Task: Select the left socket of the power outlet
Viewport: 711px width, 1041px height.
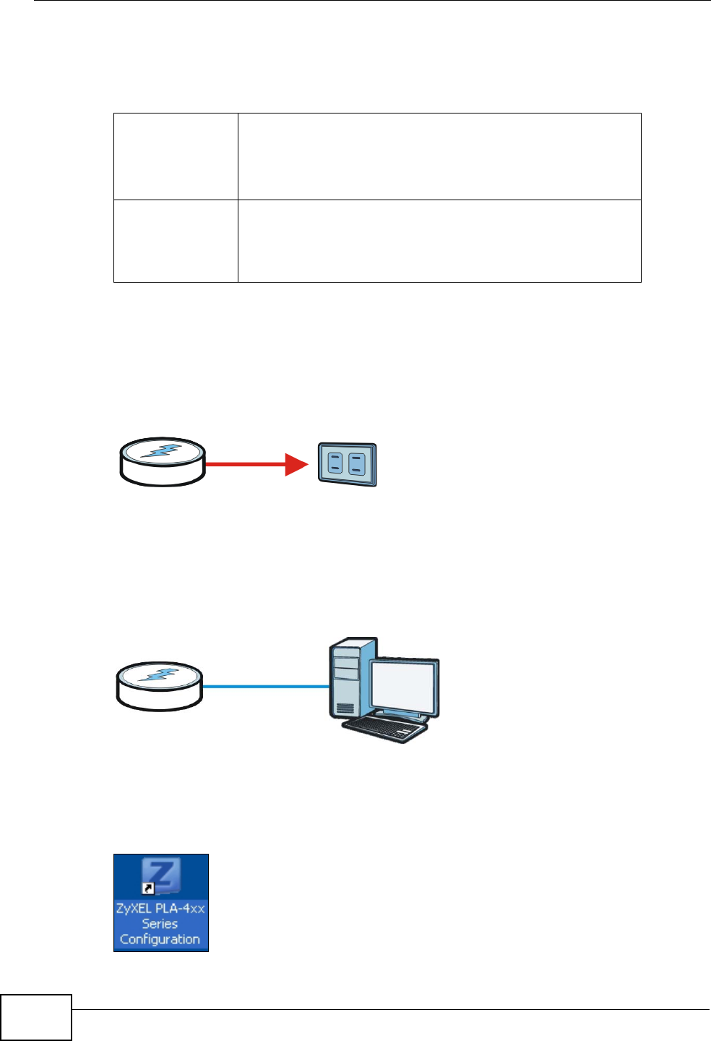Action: coord(334,464)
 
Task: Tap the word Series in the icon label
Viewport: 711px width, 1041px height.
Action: coord(160,924)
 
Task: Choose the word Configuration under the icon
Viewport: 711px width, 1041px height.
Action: coord(160,939)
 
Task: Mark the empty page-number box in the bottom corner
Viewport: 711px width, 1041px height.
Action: coord(36,1017)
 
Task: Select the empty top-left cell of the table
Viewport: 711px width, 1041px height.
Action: coord(176,156)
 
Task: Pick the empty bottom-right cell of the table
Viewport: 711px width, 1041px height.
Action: coord(439,241)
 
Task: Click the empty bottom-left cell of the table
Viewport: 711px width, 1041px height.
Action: coord(176,241)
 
